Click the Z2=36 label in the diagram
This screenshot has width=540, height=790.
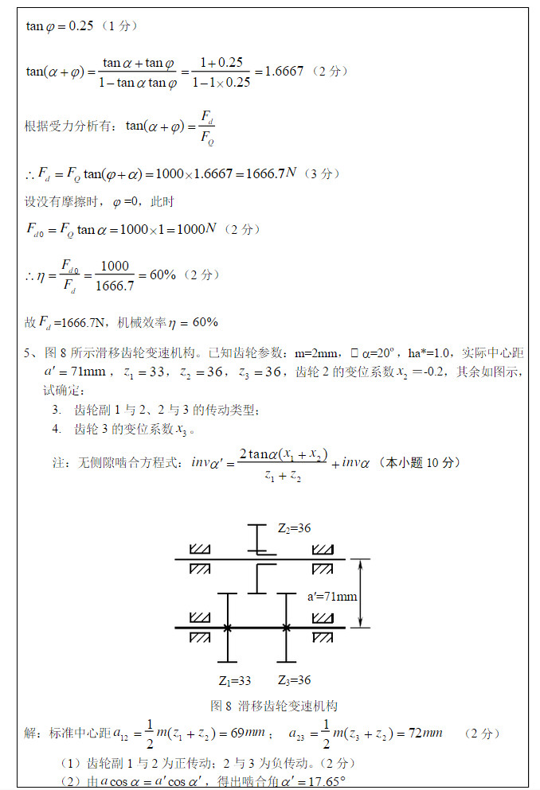click(294, 527)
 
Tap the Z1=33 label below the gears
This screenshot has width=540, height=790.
click(235, 680)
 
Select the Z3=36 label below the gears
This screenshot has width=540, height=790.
click(294, 680)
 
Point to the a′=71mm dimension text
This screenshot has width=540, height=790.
click(332, 596)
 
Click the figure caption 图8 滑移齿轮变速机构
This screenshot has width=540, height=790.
click(274, 706)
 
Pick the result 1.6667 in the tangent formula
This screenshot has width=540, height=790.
click(282, 71)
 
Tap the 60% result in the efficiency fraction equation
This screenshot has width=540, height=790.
click(158, 274)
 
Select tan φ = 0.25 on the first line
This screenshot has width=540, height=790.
click(59, 26)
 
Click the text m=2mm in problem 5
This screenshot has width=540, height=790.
click(312, 353)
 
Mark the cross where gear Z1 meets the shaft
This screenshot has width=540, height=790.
click(228, 628)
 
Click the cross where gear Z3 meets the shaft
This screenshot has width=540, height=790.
click(286, 628)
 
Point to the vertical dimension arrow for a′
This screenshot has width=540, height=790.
click(362, 593)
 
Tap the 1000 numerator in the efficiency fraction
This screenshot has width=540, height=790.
click(115, 267)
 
